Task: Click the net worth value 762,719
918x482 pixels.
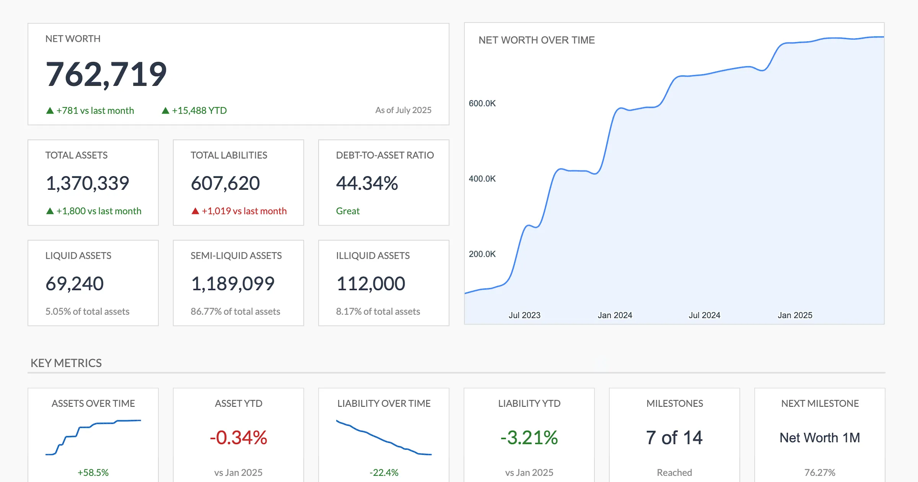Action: coord(106,74)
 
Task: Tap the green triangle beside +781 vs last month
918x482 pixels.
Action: coord(50,111)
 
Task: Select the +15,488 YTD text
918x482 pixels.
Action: coord(199,111)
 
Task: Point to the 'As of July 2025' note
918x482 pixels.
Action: coord(403,110)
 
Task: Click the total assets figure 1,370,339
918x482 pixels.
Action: coord(87,183)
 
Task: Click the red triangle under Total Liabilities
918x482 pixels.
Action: coord(195,211)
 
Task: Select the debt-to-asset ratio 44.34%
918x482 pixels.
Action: coord(367,183)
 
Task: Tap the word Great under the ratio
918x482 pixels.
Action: coord(348,211)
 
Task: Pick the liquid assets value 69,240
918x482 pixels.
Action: coord(75,284)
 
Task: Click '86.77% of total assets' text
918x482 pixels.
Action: coord(235,311)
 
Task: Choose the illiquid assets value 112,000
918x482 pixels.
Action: coord(370,284)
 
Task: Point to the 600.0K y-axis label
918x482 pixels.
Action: coord(482,103)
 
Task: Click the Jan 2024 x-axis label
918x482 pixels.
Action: coord(615,315)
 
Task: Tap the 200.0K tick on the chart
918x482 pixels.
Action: coord(482,254)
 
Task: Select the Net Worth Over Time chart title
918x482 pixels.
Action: coord(536,40)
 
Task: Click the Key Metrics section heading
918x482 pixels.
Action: coord(66,363)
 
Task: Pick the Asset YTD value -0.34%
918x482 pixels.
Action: coord(238,438)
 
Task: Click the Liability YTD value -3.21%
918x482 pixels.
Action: coord(529,438)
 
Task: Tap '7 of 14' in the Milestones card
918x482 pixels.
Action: coord(674,438)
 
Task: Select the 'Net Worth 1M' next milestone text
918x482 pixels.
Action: coord(819,438)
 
